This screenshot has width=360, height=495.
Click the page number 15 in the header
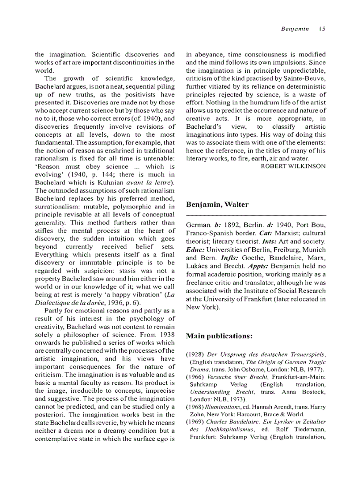coord(322,29)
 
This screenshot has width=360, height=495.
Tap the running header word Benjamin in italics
coord(295,29)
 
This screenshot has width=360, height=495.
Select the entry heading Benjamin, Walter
coord(217,204)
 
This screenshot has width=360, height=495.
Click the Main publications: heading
coord(219,336)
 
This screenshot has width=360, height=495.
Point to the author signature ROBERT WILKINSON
coord(293,166)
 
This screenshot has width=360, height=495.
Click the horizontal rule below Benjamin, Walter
coord(256,213)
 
